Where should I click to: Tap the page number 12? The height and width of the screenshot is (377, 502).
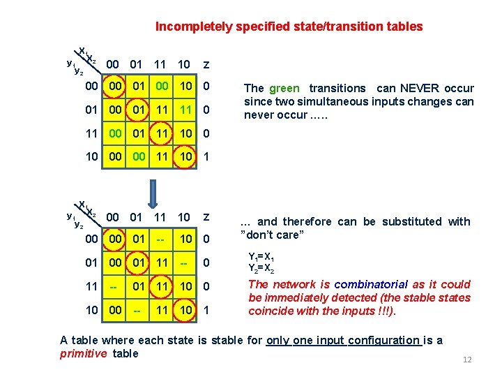467,360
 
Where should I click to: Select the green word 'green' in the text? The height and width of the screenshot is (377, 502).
284,88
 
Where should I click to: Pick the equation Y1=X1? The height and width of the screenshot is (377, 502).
264,256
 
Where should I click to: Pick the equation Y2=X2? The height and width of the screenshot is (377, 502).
264,267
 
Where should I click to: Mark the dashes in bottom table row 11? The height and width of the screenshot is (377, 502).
116,287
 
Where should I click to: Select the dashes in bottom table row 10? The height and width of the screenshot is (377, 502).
139,310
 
